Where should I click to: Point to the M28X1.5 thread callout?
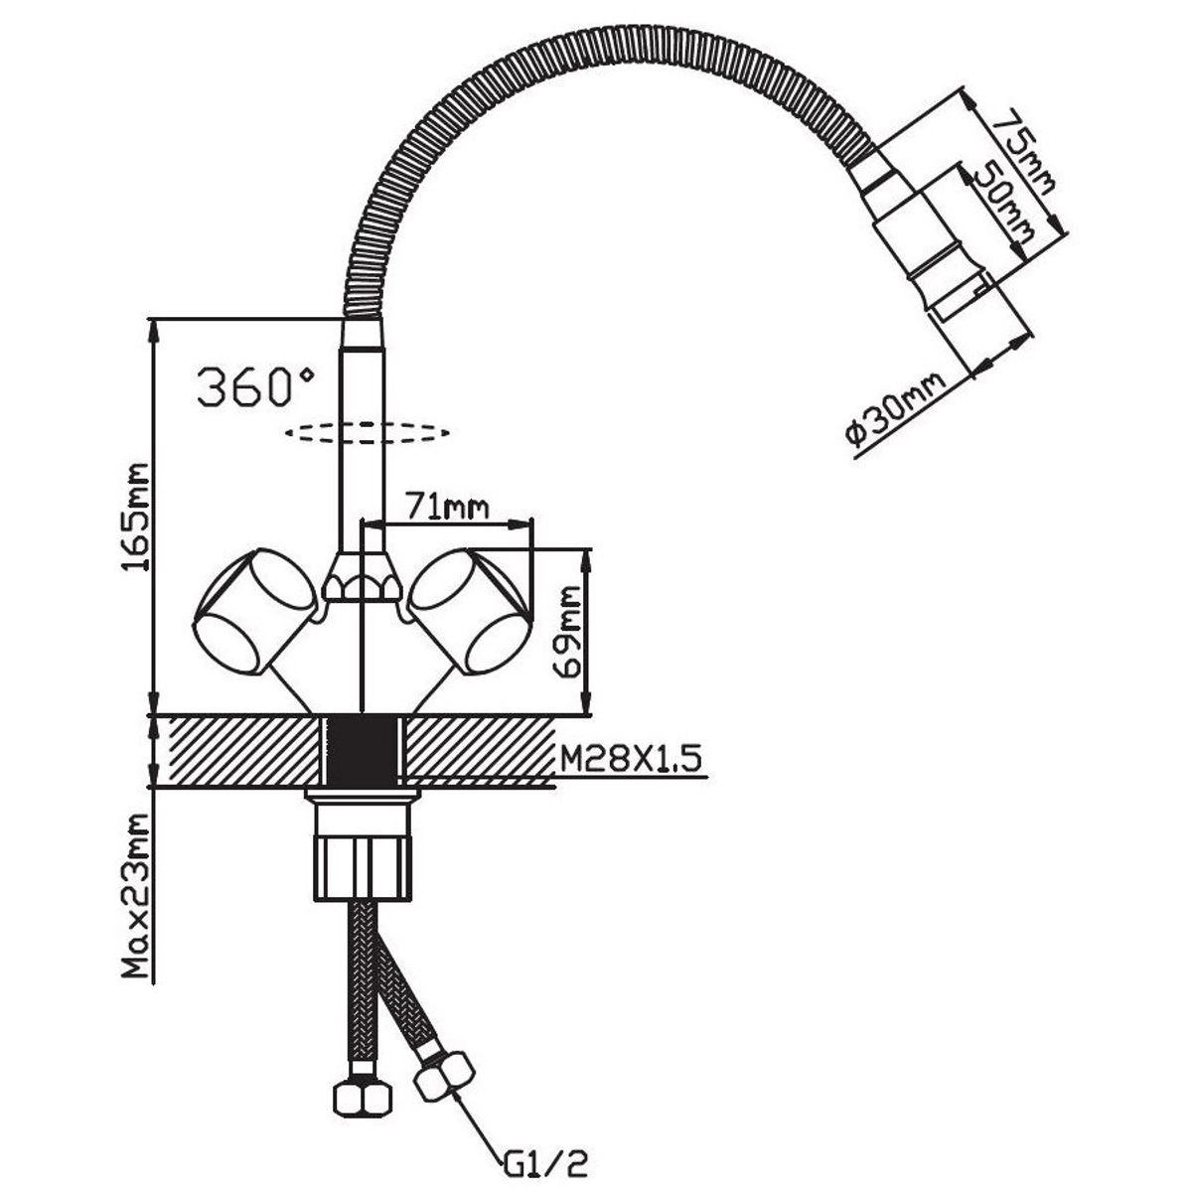click(x=631, y=760)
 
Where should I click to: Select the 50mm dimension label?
click(x=1003, y=207)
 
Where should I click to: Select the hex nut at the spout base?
click(x=362, y=580)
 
